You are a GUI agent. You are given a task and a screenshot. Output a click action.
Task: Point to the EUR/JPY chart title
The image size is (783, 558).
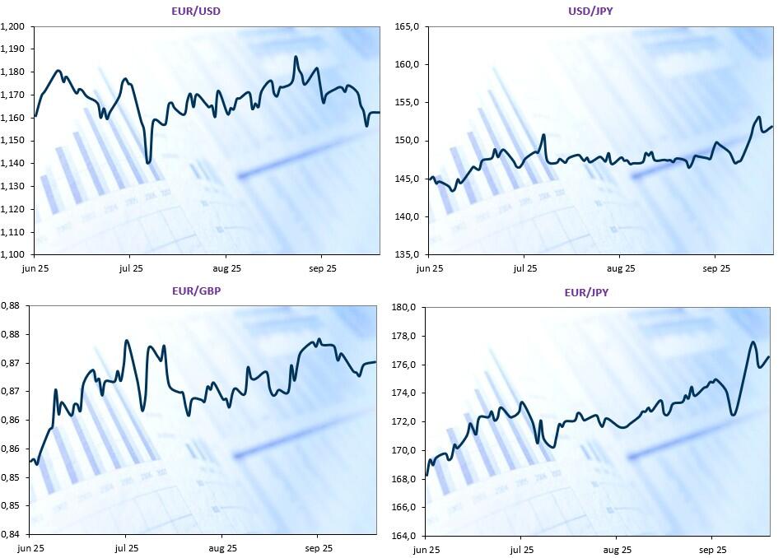click(587, 292)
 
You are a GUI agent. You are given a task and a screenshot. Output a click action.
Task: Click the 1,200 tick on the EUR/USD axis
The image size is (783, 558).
click(12, 26)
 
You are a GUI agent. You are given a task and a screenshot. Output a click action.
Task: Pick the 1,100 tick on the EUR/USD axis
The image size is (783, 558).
click(12, 254)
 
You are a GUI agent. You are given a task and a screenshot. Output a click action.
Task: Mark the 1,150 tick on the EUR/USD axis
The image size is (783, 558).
click(12, 141)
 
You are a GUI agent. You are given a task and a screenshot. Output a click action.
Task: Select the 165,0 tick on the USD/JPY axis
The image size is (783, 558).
click(408, 26)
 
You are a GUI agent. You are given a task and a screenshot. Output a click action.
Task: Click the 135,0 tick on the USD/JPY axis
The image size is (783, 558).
click(408, 254)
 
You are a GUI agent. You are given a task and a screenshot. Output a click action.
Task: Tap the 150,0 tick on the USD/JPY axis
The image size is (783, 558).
click(408, 141)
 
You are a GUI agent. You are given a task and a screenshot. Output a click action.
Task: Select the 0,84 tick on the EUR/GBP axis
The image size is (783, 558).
click(11, 534)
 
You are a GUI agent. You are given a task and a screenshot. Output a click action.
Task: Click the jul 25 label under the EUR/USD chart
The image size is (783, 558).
click(131, 268)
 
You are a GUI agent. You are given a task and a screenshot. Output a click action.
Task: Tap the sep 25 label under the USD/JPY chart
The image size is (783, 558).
click(716, 268)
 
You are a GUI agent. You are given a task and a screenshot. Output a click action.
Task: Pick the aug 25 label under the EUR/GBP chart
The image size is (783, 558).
click(222, 547)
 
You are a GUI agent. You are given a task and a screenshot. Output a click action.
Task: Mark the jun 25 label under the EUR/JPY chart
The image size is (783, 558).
click(426, 549)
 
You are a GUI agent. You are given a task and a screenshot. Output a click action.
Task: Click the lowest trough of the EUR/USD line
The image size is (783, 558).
click(148, 163)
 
